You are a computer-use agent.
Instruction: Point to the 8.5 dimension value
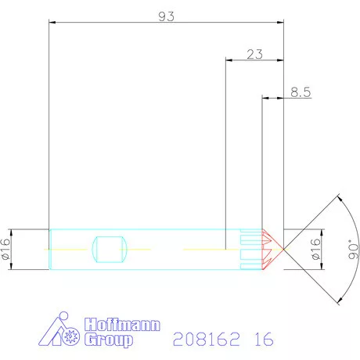301,92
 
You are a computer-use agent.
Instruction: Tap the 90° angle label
351,250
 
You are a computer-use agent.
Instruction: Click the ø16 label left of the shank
6,250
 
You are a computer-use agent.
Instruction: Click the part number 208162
204,340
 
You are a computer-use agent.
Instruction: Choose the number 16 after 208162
263,340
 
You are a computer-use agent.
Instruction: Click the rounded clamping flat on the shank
110,250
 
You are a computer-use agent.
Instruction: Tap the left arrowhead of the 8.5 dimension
265,99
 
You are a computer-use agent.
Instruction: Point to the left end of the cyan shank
49,250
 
